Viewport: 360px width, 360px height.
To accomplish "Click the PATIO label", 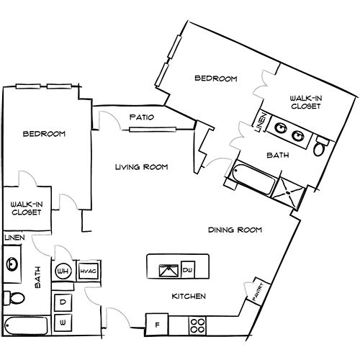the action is pyautogui.click(x=142, y=117).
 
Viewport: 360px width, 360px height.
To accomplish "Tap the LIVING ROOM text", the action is pyautogui.click(x=142, y=167).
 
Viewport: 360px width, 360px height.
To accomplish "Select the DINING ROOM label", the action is pyautogui.click(x=235, y=230).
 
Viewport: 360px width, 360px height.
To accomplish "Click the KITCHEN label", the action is pyautogui.click(x=189, y=297).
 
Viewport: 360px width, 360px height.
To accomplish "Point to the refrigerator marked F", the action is pyautogui.click(x=157, y=325).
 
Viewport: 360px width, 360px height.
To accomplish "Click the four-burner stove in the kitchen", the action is pyautogui.click(x=197, y=325).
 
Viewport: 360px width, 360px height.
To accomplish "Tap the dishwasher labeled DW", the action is pyautogui.click(x=188, y=270).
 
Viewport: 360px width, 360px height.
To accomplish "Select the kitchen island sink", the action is pyautogui.click(x=169, y=271).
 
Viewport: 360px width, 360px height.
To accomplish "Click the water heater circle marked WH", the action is pyautogui.click(x=63, y=271).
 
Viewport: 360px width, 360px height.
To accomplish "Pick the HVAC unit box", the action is pyautogui.click(x=89, y=271).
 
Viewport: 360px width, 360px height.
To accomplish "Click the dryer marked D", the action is pyautogui.click(x=63, y=302).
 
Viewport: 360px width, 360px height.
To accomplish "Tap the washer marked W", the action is pyautogui.click(x=63, y=323).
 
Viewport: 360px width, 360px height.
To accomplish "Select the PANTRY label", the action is pyautogui.click(x=258, y=292).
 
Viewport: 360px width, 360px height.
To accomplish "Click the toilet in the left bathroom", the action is pyautogui.click(x=14, y=298).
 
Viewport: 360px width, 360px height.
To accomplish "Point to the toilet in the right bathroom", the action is pyautogui.click(x=320, y=146).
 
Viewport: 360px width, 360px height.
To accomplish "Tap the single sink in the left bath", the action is pyautogui.click(x=12, y=264).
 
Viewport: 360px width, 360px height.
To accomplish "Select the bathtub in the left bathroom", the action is pyautogui.click(x=26, y=325).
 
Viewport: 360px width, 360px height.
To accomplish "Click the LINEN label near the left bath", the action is pyautogui.click(x=14, y=238).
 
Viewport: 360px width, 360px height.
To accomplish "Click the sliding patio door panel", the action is pyautogui.click(x=153, y=130).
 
